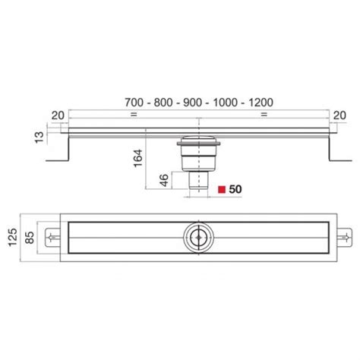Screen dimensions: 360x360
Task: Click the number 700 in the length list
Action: tap(134, 103)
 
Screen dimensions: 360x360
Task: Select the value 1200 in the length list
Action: tap(261, 103)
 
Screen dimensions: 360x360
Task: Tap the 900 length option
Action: tap(193, 103)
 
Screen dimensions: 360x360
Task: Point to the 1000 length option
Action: tap(226, 103)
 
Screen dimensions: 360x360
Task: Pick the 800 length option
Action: tap(163, 103)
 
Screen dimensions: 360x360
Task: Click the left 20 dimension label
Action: tap(58, 115)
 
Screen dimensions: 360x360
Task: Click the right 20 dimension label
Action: tap(339, 115)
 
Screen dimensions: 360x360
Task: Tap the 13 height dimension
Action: tap(39, 137)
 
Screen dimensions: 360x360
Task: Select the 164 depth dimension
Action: tap(138, 158)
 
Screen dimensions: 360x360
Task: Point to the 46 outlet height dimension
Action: tap(164, 180)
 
